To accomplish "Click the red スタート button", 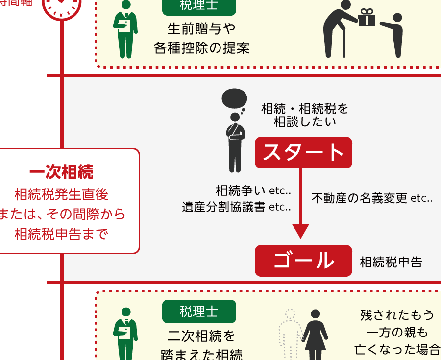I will pos(303,152).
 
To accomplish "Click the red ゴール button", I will pos(303,261).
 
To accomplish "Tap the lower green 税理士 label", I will pos(199,312).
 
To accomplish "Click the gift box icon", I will pos(367,19).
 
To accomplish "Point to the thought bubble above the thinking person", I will pos(234,99).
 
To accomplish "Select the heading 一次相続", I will pos(61,172).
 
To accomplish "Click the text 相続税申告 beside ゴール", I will pos(391,262).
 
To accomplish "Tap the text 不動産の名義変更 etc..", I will pos(372,198).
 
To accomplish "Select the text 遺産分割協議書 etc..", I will pos(236,207).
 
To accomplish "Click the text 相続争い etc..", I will pos(253,190).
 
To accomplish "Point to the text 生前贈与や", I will pos(201,29).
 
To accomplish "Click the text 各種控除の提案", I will pos(201,48).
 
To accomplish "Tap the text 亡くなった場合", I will pos(397,349).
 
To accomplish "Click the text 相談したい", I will pos(305,122).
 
